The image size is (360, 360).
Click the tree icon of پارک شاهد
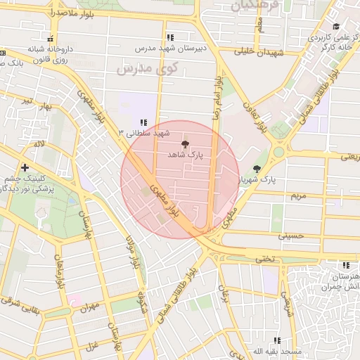coord(185,143)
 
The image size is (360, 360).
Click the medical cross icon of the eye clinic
coord(25,167)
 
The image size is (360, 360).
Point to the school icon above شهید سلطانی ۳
coord(143,122)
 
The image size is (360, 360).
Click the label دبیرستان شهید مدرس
coord(169,49)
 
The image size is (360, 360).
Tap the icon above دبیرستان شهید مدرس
coord(169,38)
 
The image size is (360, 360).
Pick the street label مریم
coord(300,196)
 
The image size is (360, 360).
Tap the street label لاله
coord(39,144)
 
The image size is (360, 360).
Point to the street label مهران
coord(91,307)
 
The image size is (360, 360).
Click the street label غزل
coord(91,346)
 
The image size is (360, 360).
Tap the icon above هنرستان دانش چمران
coord(345,265)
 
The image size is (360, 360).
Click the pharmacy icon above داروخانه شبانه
coord(50,39)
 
